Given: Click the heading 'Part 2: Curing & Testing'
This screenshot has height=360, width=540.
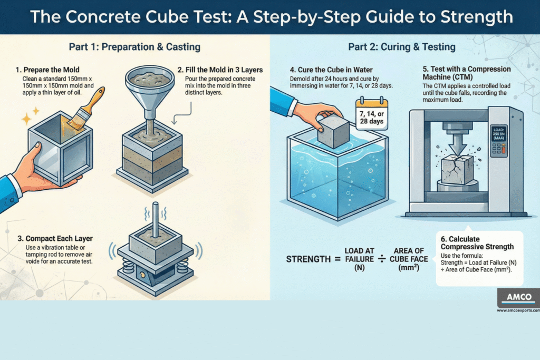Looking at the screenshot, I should pyautogui.click(x=401, y=47).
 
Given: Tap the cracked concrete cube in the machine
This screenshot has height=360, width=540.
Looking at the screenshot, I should pyautogui.click(x=457, y=168).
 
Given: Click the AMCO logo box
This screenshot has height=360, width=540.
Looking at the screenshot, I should pyautogui.click(x=518, y=297).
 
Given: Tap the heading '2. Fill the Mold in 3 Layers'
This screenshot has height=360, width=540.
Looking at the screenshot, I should pyautogui.click(x=220, y=69).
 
